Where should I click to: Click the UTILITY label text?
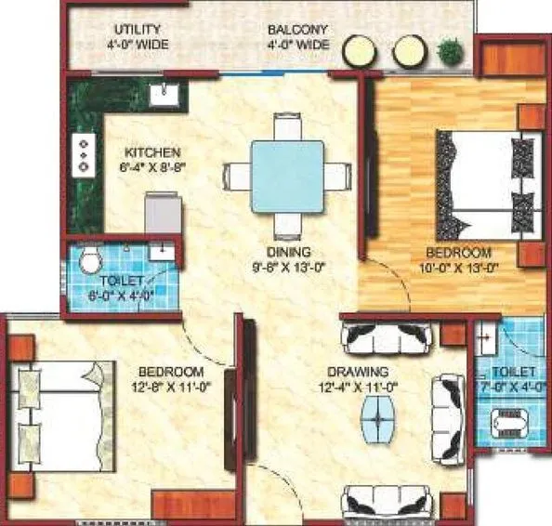[138, 30]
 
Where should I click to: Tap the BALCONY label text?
[290, 30]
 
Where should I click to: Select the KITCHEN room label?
[153, 152]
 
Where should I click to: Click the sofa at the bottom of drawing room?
[385, 502]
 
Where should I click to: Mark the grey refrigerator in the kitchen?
[162, 214]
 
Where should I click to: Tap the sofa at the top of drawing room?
[385, 334]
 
